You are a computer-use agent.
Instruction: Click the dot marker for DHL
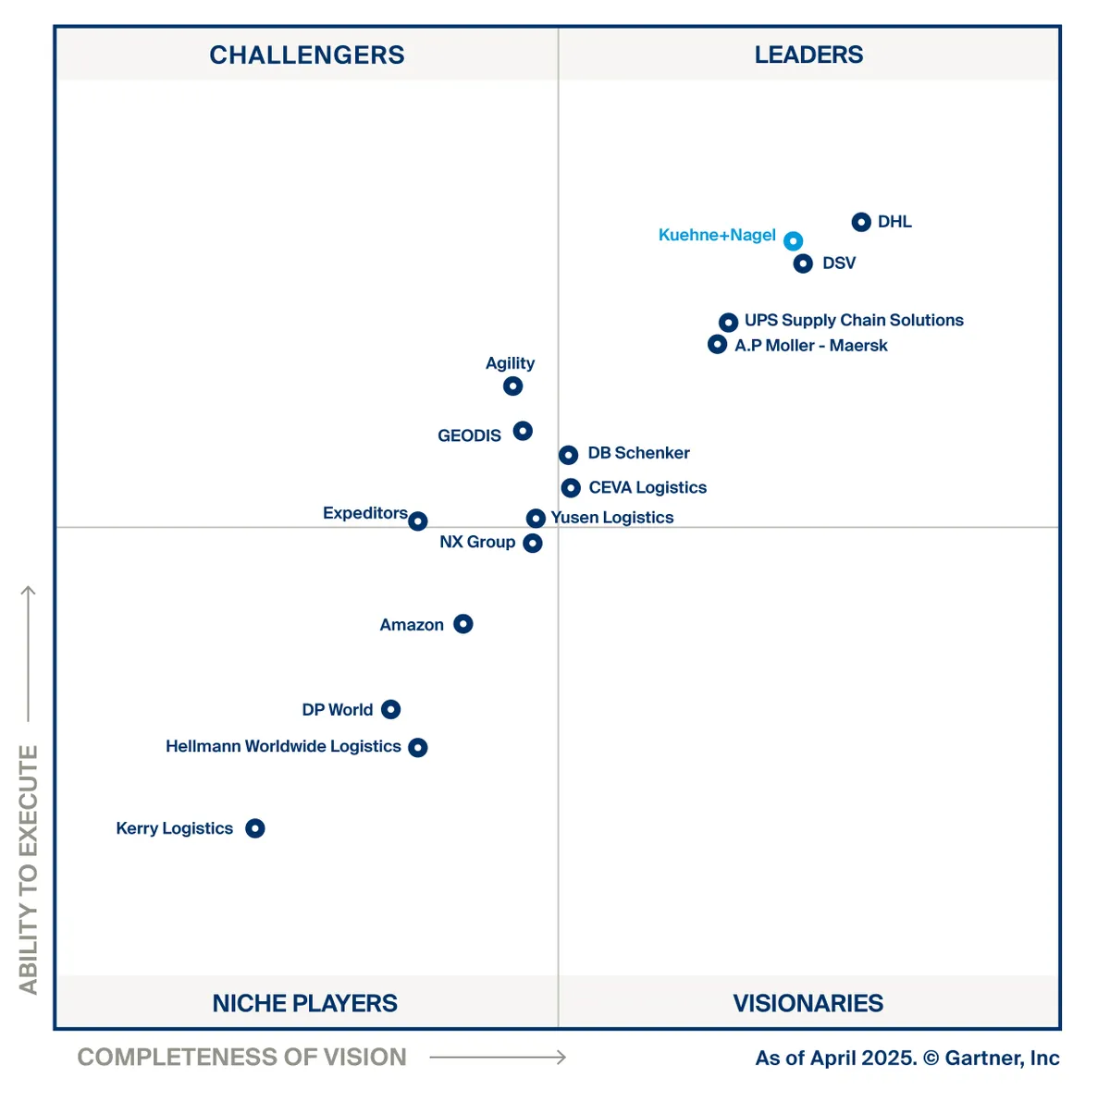(861, 222)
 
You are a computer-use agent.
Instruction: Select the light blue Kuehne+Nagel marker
(793, 241)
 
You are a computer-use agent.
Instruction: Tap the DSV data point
(803, 263)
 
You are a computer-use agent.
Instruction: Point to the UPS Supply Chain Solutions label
(854, 320)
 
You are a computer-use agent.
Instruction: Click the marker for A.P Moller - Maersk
(717, 345)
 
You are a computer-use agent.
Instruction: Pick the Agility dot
(513, 386)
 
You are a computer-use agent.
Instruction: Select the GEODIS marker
(523, 431)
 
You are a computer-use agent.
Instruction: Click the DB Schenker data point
(569, 455)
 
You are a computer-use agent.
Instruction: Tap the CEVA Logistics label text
(647, 487)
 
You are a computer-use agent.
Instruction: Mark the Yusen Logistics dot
(536, 519)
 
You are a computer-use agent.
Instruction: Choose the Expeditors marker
(418, 521)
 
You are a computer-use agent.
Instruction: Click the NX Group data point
(533, 544)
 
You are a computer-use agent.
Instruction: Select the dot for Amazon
(463, 624)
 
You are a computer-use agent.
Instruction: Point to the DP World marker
(391, 709)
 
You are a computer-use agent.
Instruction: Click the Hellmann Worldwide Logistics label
(283, 746)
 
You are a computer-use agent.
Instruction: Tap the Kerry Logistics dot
(255, 828)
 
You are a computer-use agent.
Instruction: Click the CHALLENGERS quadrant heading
(307, 55)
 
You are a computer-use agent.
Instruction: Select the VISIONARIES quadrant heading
(808, 1003)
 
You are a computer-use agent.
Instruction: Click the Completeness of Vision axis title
(241, 1057)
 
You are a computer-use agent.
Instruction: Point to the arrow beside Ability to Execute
(29, 652)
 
